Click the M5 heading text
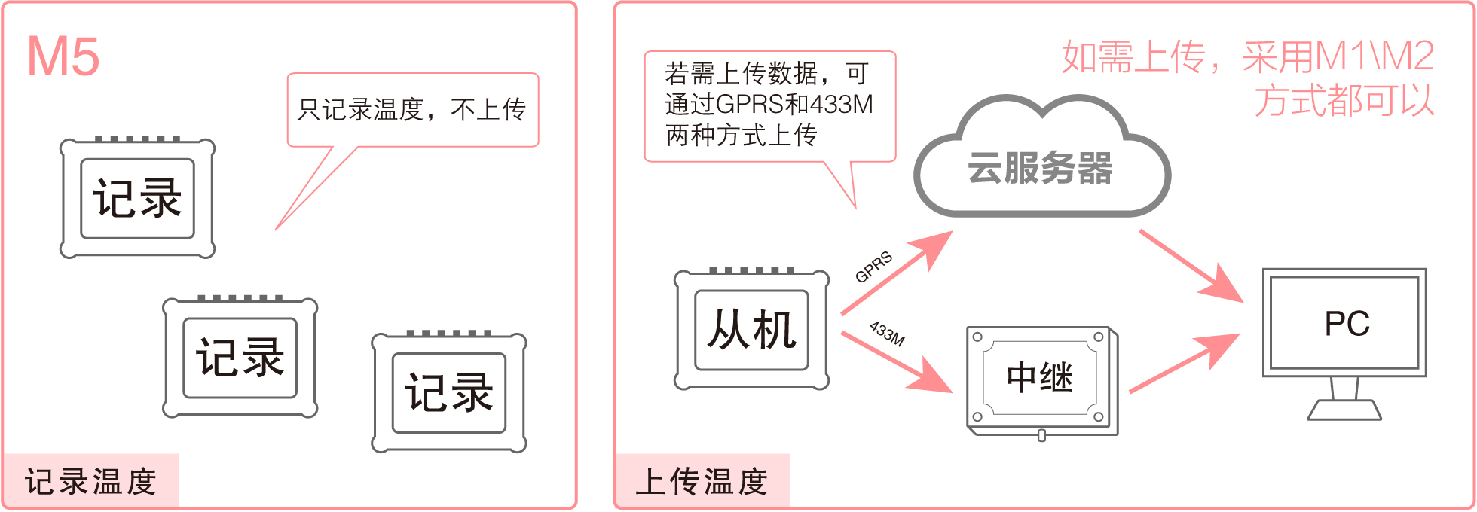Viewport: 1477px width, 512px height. pyautogui.click(x=63, y=56)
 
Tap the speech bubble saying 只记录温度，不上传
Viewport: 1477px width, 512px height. pyautogui.click(x=412, y=110)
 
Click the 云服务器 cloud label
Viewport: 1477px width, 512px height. pyautogui.click(x=1040, y=168)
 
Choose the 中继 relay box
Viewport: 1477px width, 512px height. pyautogui.click(x=1040, y=377)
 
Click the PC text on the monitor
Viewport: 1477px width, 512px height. pyautogui.click(x=1347, y=324)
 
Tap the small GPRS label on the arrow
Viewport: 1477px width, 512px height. pyautogui.click(x=873, y=267)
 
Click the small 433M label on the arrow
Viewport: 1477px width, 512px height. pyautogui.click(x=887, y=333)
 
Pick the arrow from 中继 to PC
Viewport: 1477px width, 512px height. pyautogui.click(x=1184, y=363)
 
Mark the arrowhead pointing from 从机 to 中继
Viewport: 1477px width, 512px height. pyautogui.click(x=934, y=377)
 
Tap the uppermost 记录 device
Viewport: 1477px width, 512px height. pyautogui.click(x=137, y=199)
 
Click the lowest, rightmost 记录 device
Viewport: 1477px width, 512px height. pyautogui.click(x=449, y=392)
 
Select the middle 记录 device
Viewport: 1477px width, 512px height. pyautogui.click(x=240, y=358)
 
